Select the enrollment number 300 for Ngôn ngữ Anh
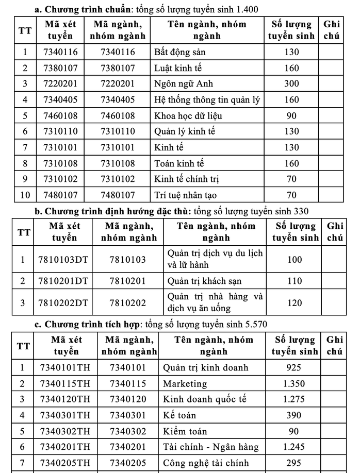click(x=291, y=84)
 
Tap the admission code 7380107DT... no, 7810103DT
click(x=63, y=260)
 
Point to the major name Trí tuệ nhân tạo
click(x=185, y=195)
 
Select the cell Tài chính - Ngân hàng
click(x=210, y=447)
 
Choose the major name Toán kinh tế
click(x=179, y=164)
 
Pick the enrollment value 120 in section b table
click(x=294, y=303)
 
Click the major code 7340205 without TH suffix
click(x=128, y=463)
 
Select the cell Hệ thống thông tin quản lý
click(x=202, y=100)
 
